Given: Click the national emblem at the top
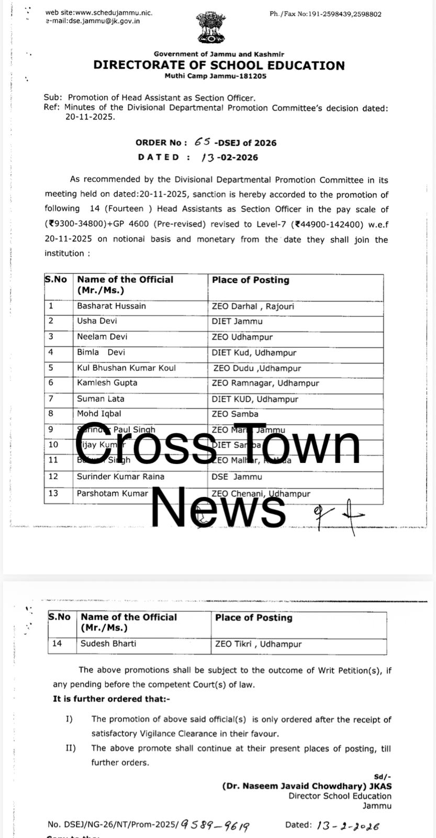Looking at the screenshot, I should point(211,28).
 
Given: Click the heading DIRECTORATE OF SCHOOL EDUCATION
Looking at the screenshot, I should point(219,65).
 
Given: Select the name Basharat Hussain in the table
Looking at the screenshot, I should point(111,306).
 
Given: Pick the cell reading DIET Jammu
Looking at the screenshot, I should point(237,321).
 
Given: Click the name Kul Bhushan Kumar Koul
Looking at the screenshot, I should point(126,368).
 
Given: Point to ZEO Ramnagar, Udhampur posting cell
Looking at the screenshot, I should point(265,383).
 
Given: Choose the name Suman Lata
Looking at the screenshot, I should point(100,399).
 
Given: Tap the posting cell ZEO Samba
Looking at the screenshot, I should point(235,414).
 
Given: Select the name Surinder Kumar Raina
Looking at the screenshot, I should point(120,477).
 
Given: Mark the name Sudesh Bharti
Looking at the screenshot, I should point(108,644).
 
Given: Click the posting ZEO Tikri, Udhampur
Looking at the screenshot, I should point(259,644).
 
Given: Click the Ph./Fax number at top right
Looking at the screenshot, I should point(325,14).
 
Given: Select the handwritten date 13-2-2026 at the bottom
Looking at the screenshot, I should point(348,825).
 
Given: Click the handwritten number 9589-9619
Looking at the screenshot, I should point(215,825).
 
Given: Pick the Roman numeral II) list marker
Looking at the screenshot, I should point(70,748).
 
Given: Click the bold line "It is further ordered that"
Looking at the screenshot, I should point(111,699).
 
